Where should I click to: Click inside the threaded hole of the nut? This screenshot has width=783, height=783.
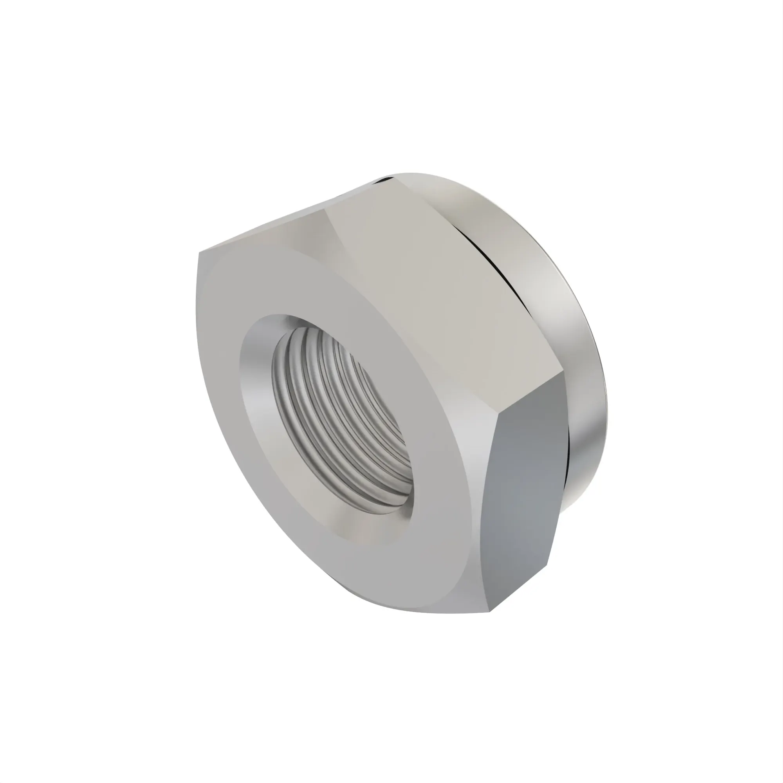[x=345, y=417]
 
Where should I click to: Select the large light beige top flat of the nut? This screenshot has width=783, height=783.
[x=438, y=284]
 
